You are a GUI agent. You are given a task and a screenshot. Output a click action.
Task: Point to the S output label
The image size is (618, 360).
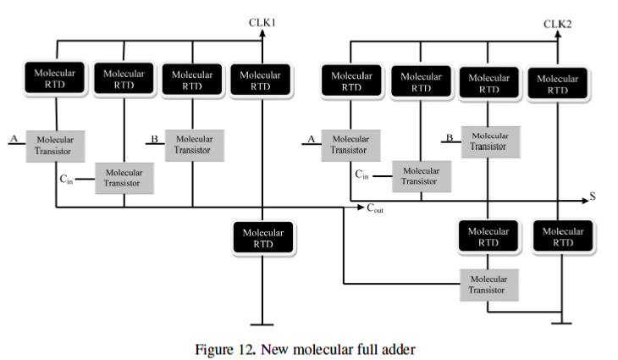click(593, 197)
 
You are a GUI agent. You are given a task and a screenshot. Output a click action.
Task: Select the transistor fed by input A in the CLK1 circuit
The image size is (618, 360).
click(55, 145)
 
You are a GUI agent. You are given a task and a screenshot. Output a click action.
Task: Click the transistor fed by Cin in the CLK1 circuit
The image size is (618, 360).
click(124, 178)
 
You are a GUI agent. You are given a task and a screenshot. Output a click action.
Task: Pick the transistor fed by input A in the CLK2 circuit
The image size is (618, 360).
click(350, 145)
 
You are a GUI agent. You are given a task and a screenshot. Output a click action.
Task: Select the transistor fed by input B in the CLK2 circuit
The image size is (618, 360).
click(488, 141)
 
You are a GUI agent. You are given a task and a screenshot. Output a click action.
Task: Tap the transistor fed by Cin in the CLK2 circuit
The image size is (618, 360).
click(421, 175)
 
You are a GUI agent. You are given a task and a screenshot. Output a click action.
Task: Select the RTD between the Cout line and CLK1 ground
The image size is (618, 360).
click(263, 238)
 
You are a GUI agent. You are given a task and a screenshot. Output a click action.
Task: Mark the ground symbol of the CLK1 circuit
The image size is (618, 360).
click(263, 324)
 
